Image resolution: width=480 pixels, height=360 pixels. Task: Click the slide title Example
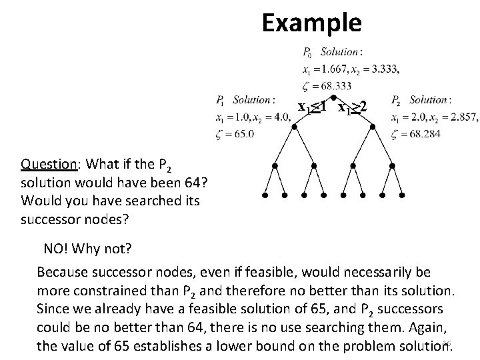pyautogui.click(x=311, y=23)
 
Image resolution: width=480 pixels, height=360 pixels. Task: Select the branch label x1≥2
pyautogui.click(x=353, y=107)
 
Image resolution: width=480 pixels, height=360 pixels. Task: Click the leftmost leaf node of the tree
pyautogui.click(x=265, y=197)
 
